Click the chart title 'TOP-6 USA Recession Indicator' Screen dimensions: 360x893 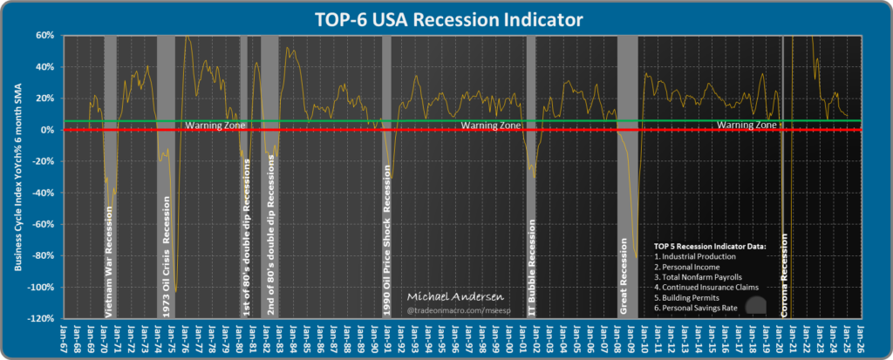pyautogui.click(x=446, y=17)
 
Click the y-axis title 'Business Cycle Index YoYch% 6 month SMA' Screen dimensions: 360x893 pyautogui.click(x=18, y=177)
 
